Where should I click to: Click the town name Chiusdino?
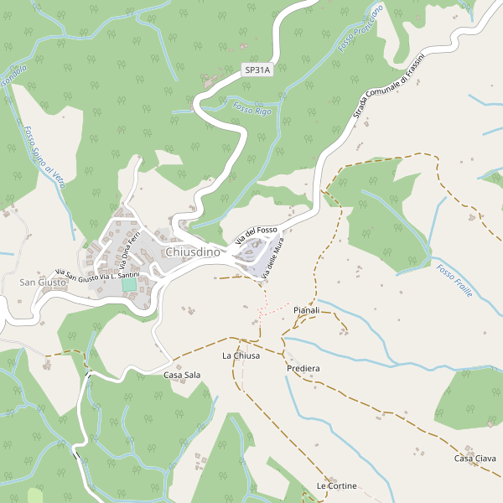coord(193,251)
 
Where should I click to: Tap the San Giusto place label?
coord(42,283)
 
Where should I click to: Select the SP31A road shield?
coord(258,71)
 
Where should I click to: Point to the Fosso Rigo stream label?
coord(252,110)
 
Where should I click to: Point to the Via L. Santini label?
coord(119,275)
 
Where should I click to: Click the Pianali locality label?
coord(307,310)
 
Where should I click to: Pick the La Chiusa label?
coord(241,355)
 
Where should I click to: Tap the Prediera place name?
coord(303,368)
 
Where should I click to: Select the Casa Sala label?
coord(182,375)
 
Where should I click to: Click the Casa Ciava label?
coord(475,458)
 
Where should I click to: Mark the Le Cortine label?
coord(336,486)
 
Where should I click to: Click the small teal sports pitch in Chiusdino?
coord(129,285)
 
